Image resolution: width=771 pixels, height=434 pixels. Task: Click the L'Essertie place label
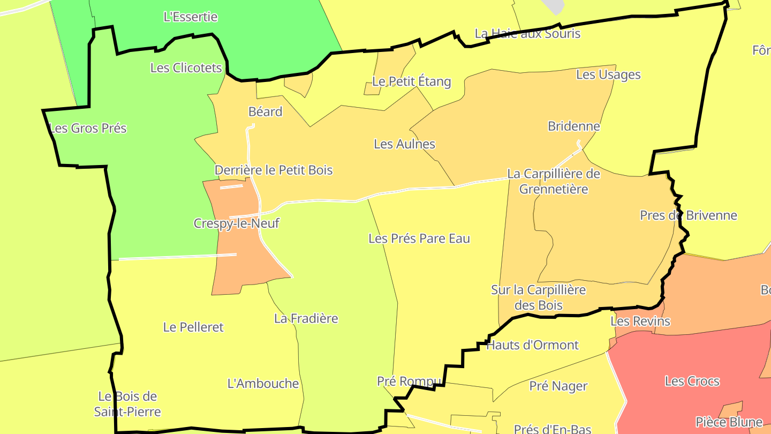point(191,17)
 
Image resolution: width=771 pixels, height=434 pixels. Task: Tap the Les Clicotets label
point(186,68)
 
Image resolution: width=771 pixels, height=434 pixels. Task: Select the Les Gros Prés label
point(88,128)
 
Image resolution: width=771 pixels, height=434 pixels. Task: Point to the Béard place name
point(265,111)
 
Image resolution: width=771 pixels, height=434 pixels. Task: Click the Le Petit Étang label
point(411,81)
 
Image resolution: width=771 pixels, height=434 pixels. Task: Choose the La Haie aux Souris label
point(527,33)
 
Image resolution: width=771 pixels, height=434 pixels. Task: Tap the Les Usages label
point(608,74)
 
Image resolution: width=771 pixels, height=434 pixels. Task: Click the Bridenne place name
point(573,126)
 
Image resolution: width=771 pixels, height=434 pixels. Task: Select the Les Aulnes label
point(404,144)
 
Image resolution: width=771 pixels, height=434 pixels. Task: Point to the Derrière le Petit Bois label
point(274,170)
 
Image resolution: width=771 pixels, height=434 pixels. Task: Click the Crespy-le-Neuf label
point(237,223)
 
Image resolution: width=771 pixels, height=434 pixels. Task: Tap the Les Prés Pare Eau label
point(419,238)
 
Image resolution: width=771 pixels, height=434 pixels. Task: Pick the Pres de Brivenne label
point(688,215)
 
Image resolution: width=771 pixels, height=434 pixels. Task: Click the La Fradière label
point(306,318)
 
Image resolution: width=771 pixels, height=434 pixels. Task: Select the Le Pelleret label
point(193,327)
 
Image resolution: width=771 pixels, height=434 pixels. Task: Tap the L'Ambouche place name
point(263,383)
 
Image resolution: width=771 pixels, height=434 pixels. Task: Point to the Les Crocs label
point(692,381)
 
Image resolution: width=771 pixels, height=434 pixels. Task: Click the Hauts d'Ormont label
point(532,345)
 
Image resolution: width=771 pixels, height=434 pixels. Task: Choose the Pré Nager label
point(558,386)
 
